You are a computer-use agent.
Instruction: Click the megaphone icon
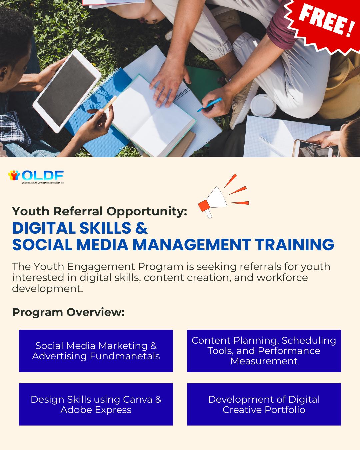(x=213, y=202)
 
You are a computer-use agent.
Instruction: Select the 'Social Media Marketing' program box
(x=96, y=351)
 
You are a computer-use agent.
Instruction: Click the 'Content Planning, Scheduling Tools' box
(x=264, y=351)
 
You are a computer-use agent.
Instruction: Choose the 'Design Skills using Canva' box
(x=96, y=404)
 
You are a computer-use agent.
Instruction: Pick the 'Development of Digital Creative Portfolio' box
(x=264, y=404)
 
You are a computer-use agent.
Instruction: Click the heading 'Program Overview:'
(x=68, y=312)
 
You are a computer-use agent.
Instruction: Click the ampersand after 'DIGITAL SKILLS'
(x=142, y=228)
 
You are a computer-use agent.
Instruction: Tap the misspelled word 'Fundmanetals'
(x=125, y=356)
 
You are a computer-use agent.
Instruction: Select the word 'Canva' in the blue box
(x=137, y=399)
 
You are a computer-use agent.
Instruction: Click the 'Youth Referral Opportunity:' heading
(x=100, y=211)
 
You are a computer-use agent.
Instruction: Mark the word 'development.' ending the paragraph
(x=47, y=288)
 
